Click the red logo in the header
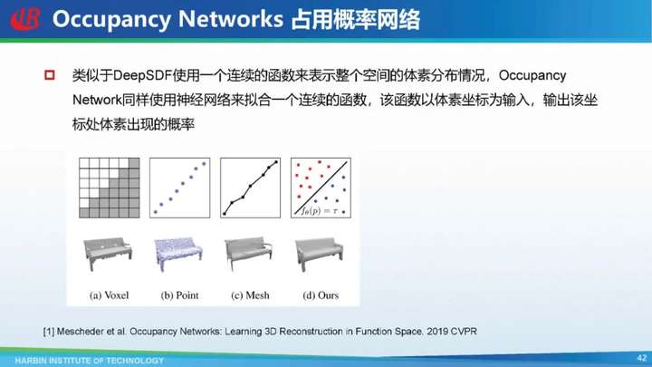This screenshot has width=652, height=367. [x=25, y=19]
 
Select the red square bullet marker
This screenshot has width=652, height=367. [x=50, y=75]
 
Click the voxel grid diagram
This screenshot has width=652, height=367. [x=110, y=188]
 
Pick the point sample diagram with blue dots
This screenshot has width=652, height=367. [x=179, y=188]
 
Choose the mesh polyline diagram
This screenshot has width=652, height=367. [x=250, y=188]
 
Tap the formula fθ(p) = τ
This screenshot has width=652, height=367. [x=320, y=211]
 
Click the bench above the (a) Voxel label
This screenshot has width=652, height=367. [x=108, y=254]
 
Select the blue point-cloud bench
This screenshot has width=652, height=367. [x=178, y=254]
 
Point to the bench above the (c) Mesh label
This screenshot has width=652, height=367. [x=249, y=254]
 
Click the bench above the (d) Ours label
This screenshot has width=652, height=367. [x=320, y=254]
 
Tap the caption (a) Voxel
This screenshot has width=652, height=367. [x=109, y=295]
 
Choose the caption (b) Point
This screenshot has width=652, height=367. [x=179, y=295]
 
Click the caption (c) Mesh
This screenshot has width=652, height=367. [x=250, y=295]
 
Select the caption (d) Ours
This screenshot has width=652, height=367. [x=321, y=295]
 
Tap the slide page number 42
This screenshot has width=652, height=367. [x=642, y=357]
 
